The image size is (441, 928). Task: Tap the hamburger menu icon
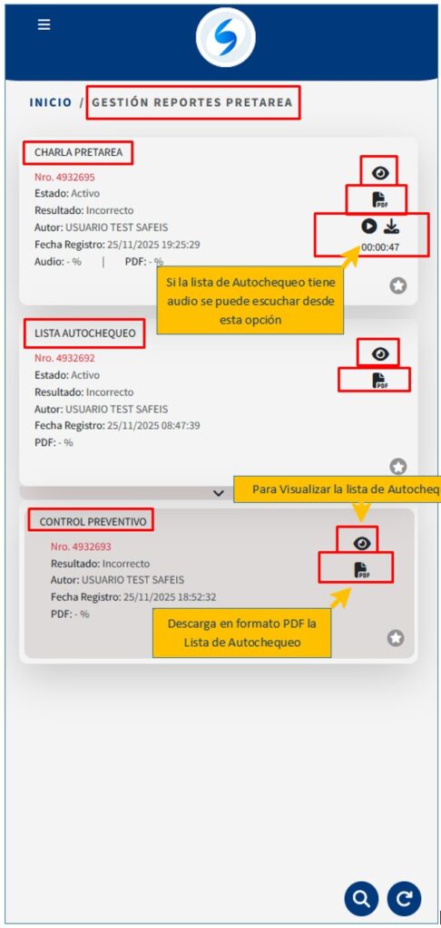click(44, 24)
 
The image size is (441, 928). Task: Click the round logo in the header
click(226, 37)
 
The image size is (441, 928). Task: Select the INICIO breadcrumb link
click(51, 102)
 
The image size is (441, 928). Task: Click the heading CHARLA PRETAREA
click(78, 152)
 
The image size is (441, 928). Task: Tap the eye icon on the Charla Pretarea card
click(380, 173)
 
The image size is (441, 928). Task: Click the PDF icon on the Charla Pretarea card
click(379, 200)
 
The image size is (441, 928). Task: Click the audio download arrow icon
click(391, 226)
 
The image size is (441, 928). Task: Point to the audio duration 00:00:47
click(380, 247)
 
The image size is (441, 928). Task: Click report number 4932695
click(64, 177)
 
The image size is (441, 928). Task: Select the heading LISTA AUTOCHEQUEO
click(84, 333)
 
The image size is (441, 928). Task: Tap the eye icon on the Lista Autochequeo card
click(380, 354)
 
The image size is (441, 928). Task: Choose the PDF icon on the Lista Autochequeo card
click(379, 381)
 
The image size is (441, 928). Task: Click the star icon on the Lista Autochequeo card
click(398, 467)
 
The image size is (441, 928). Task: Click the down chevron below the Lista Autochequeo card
click(219, 492)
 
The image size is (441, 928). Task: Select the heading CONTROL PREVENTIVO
click(93, 522)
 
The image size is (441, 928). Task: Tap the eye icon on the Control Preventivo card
click(361, 543)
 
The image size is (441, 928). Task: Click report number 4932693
click(81, 546)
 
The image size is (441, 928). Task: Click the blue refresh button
click(405, 899)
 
